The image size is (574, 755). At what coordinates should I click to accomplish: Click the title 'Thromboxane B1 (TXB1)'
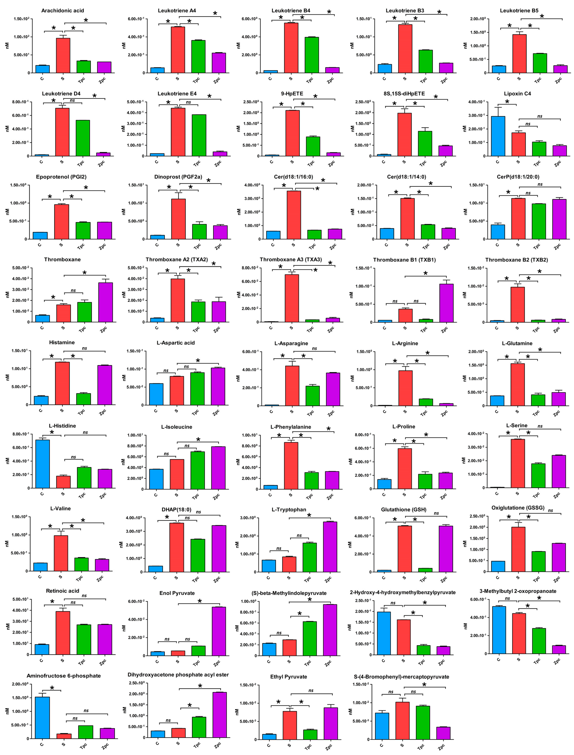(x=404, y=260)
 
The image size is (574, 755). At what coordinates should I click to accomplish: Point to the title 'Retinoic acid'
(x=62, y=591)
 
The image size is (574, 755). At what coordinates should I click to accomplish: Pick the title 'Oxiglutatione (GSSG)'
(x=518, y=508)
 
